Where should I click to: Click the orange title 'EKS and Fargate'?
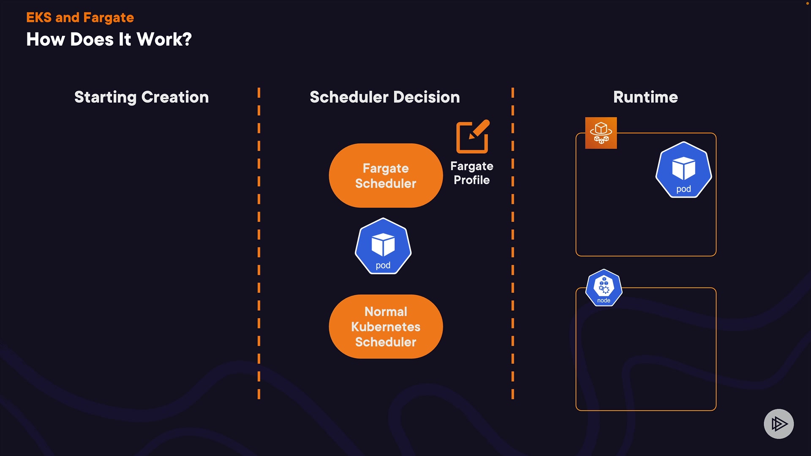tap(80, 17)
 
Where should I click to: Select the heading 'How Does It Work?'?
tap(109, 39)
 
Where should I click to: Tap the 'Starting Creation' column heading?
tap(142, 97)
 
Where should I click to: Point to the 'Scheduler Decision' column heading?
tap(384, 97)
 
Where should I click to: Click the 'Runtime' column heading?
tap(645, 97)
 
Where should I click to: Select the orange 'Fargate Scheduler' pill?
tap(386, 176)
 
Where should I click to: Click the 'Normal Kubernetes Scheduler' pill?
tap(386, 326)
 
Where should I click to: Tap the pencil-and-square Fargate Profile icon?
tap(473, 137)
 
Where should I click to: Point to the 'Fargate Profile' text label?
tap(472, 173)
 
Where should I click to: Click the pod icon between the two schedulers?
tap(383, 246)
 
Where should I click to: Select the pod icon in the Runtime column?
tap(683, 170)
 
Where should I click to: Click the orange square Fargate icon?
tap(601, 133)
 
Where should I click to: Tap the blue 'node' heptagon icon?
tap(604, 288)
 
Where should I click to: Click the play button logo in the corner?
tap(778, 423)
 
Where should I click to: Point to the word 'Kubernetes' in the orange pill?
tap(386, 327)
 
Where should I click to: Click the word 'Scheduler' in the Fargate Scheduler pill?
tap(386, 184)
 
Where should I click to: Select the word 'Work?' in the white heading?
tap(164, 39)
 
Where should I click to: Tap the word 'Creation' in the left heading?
tap(175, 97)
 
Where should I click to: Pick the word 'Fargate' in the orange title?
tap(109, 17)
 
